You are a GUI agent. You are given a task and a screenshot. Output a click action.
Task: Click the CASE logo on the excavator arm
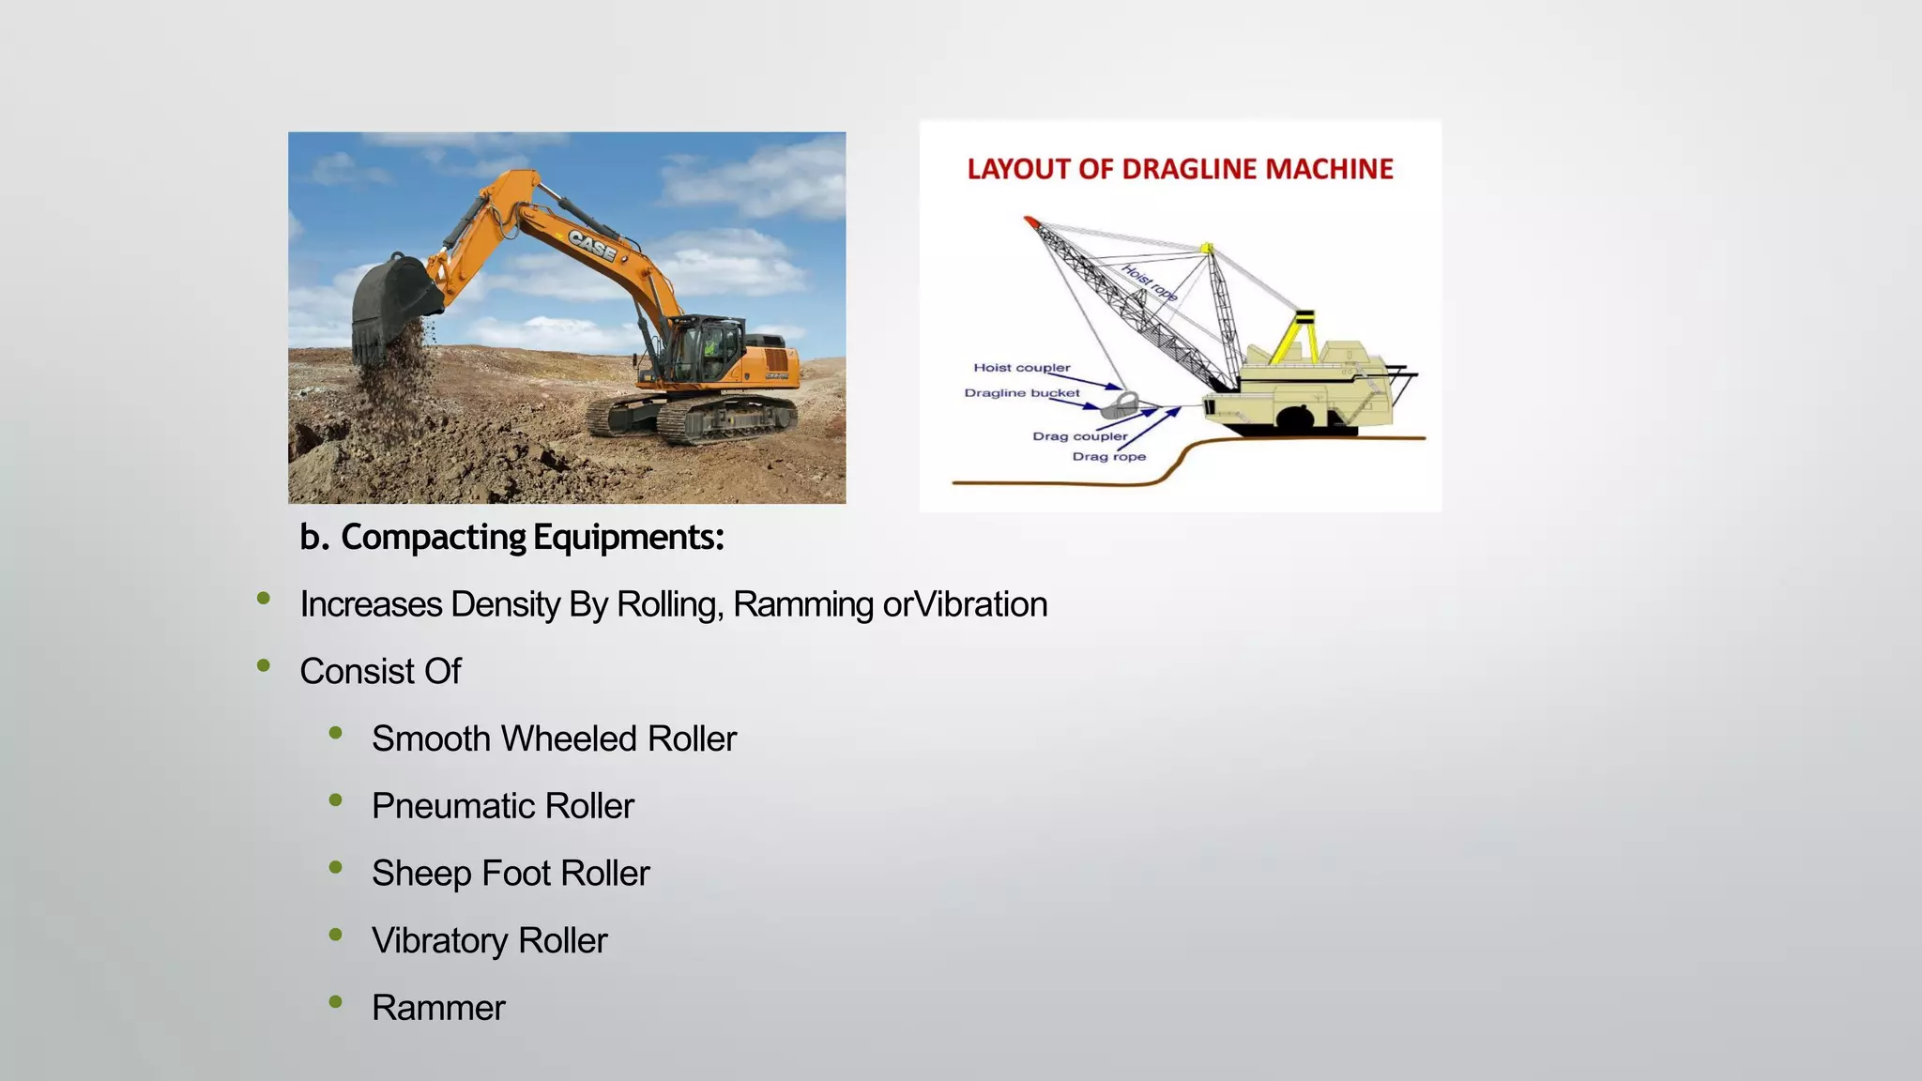[592, 246]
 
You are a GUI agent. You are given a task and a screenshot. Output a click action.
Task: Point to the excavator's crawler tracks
[694, 417]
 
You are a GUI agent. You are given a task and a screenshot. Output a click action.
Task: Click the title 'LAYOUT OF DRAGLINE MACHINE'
[1180, 170]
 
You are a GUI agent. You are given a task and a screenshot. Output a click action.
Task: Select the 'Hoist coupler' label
[1021, 368]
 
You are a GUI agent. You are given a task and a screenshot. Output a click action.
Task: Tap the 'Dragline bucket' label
[1021, 393]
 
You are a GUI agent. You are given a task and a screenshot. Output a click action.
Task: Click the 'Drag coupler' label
[1079, 436]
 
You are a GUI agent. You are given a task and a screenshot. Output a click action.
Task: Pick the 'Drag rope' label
[1108, 457]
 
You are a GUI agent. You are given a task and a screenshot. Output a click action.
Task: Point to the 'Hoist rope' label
[1150, 282]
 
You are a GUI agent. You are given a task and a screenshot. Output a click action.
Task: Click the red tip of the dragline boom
[1030, 221]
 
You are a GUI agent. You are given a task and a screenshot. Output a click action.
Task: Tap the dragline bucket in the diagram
[1119, 405]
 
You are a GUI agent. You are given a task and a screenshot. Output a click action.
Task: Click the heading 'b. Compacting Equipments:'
[511, 538]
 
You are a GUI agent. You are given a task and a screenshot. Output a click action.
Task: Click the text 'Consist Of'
[380, 672]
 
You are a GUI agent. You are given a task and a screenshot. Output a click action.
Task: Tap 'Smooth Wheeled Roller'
[554, 739]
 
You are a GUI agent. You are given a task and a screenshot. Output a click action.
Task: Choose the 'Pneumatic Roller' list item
[502, 807]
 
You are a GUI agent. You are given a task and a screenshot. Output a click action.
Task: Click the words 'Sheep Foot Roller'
[510, 874]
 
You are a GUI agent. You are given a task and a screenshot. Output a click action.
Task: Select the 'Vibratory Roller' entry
[489, 941]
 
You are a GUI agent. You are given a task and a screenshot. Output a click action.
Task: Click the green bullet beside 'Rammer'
[336, 1002]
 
